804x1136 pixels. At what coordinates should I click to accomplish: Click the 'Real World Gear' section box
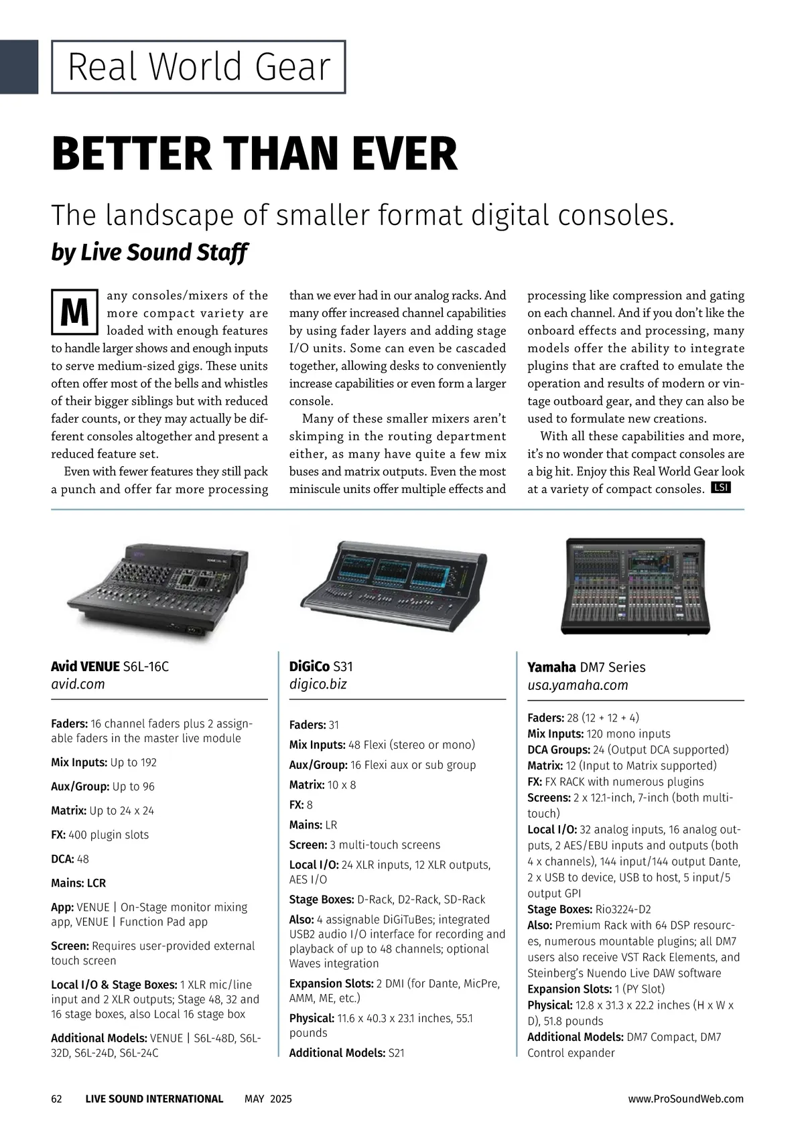coord(199,67)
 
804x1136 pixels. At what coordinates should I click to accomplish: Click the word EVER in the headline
coord(399,153)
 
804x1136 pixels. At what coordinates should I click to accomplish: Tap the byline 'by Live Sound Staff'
coord(149,253)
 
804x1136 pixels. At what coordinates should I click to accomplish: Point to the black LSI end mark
coord(721,488)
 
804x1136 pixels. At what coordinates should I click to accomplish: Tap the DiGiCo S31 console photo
coord(393,583)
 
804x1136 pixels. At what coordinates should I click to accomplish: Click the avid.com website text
coord(78,685)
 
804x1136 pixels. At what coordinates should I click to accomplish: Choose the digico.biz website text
coord(318,685)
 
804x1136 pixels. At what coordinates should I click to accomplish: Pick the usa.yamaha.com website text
coord(578,685)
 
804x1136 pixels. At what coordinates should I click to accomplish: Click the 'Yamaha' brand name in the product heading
coord(551,667)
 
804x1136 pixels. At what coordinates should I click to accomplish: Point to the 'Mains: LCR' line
coord(78,883)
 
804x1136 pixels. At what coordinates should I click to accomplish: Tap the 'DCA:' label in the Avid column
coord(62,859)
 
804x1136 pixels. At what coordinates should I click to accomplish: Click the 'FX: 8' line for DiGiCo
coord(301,805)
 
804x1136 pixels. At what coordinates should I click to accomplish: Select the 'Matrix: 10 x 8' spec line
coord(322,785)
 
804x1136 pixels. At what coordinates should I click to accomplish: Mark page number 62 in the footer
coord(57,1099)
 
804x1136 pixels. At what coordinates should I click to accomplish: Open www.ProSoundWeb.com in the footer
coord(685,1099)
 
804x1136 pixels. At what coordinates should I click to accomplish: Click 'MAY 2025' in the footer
coord(268,1099)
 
